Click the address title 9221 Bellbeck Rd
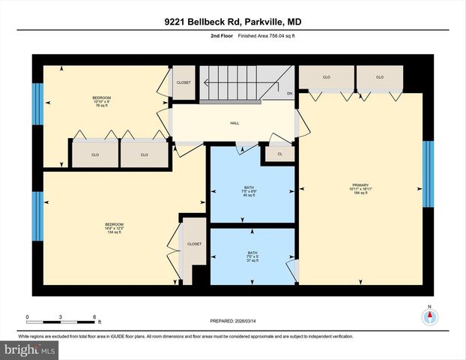pos(232,22)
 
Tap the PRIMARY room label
pos(362,185)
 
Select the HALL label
pos(234,124)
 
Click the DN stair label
pos(289,93)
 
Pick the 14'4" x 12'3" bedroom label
pos(114,227)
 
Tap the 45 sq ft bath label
pos(251,191)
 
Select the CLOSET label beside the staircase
pos(184,82)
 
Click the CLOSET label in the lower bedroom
pos(194,244)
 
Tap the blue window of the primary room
pos(428,174)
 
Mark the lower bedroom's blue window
pos(37,212)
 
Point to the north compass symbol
pos(429,316)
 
